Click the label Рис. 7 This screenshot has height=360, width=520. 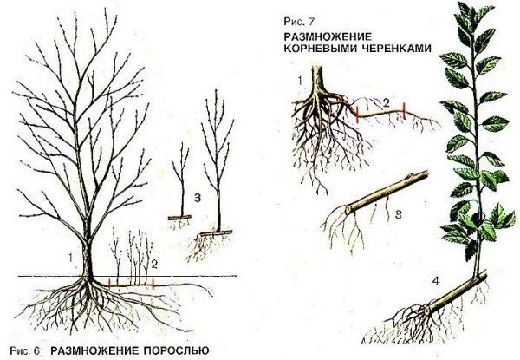pos(298,22)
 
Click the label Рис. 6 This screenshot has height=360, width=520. pos(25,350)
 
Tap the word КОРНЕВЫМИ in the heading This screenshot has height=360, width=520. pos(320,49)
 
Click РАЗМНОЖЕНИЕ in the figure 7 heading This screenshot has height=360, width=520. pos(328,36)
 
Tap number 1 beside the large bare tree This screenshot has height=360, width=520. pos(69,258)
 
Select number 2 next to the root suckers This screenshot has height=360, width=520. pos(154,265)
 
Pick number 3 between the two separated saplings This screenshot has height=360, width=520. pos(198,198)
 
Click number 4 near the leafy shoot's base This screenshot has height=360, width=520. pos(436,281)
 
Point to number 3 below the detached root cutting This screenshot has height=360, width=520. pos(399,214)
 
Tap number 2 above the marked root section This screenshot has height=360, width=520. pos(386,103)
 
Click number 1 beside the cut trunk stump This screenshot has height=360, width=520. pos(300,81)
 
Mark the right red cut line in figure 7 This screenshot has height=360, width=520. pos(404,111)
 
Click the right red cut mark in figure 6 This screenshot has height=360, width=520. pos(153,284)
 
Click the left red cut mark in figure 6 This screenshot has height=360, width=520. pos(109,284)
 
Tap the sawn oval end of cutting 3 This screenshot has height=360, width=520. pos(348,209)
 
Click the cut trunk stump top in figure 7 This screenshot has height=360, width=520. pos(318,67)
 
